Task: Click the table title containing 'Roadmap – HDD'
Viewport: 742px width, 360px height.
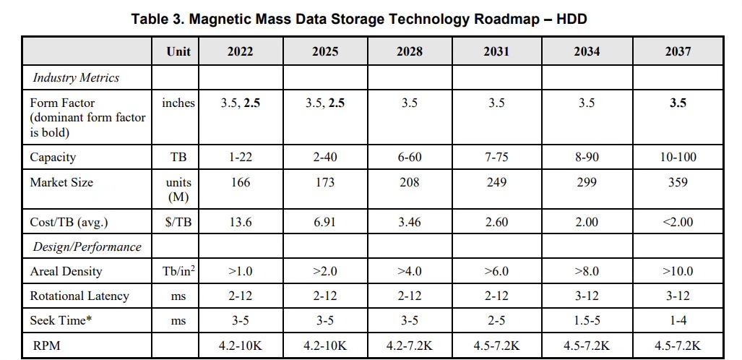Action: pos(359,19)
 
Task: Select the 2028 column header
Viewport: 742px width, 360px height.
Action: pos(410,51)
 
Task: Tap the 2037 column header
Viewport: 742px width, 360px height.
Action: pos(678,51)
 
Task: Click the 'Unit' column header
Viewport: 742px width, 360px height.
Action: pos(178,51)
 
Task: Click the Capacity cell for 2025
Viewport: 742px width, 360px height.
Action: pos(325,157)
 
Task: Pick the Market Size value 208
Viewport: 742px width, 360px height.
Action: pos(410,182)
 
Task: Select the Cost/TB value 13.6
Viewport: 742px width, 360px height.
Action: pos(240,222)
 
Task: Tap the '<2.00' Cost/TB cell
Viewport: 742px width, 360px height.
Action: pos(678,222)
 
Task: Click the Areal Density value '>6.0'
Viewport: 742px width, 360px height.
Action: pos(496,271)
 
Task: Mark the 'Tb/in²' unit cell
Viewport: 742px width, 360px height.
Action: pos(178,271)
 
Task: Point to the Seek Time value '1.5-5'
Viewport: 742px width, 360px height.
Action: pos(587,320)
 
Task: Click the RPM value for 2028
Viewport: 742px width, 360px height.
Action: pos(410,346)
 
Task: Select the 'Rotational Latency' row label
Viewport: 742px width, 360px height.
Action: pos(79,296)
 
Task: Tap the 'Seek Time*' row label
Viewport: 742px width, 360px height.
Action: pos(61,320)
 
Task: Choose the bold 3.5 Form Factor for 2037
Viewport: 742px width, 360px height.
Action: pos(678,103)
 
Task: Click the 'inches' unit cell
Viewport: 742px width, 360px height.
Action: pos(178,103)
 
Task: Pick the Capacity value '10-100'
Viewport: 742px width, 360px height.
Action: pos(678,157)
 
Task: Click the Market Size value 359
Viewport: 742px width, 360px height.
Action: pos(678,182)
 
